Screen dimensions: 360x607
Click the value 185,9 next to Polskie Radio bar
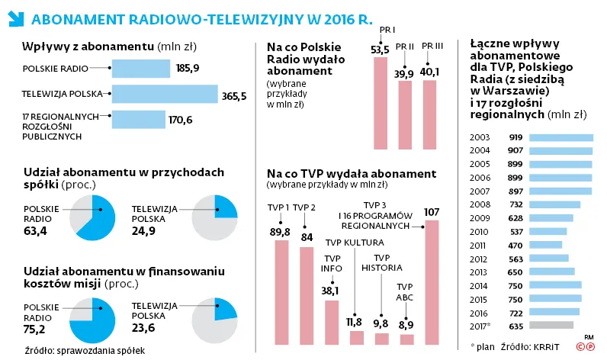(188, 69)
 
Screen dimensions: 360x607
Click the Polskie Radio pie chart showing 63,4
(92, 217)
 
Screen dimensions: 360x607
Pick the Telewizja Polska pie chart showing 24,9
(216, 217)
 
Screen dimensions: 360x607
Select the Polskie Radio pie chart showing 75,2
(92, 320)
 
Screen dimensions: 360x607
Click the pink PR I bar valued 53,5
(380, 103)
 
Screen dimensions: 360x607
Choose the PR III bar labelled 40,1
(430, 114)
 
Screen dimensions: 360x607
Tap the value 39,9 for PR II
(405, 73)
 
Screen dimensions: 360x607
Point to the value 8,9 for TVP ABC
(406, 324)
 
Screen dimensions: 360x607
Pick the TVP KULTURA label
(345, 243)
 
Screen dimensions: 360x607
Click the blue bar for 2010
(547, 232)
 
